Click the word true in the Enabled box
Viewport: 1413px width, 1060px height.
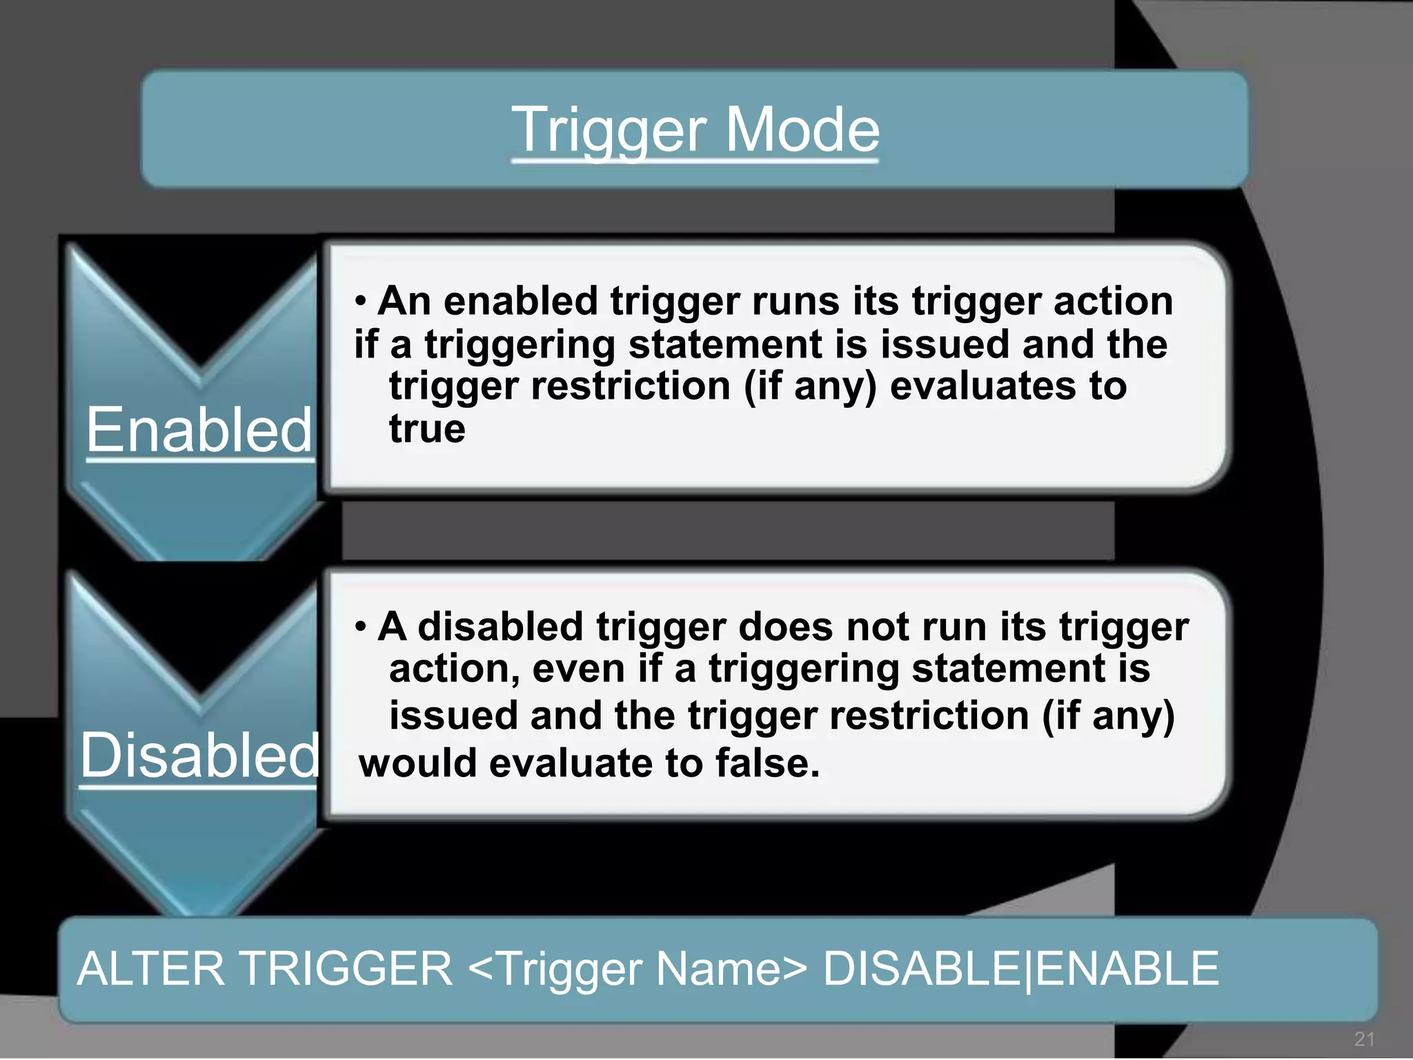(x=427, y=429)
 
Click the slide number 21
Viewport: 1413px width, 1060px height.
(x=1365, y=1039)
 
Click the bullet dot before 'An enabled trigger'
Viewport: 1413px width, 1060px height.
(x=360, y=302)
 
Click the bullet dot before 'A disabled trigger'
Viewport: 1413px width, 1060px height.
(x=360, y=627)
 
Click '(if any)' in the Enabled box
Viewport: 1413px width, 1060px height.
(x=809, y=386)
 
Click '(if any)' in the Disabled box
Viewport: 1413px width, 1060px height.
(x=1108, y=716)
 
